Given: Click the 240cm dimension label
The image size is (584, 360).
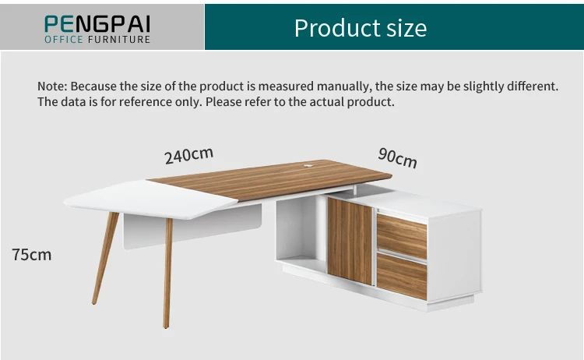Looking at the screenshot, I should (188, 155).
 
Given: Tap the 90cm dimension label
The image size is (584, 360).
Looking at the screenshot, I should (397, 157).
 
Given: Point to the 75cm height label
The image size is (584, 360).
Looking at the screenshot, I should (32, 254).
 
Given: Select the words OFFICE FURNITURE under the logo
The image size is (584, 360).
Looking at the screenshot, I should (97, 39).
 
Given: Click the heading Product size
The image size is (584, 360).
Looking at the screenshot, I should (360, 28).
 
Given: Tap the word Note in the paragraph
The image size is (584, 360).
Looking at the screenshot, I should (51, 86).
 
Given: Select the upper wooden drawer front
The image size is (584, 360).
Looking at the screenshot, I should (402, 236).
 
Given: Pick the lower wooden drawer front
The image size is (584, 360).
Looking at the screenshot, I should (402, 277).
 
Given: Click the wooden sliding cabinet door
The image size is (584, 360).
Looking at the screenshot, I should (350, 240).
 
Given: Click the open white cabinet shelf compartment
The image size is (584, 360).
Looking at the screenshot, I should (301, 234).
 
